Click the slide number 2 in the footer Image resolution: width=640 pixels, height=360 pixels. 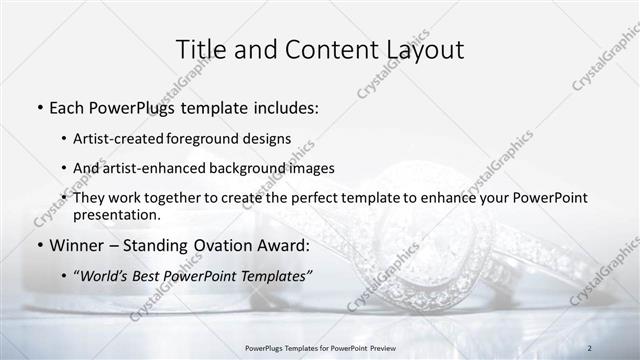click(590, 348)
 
